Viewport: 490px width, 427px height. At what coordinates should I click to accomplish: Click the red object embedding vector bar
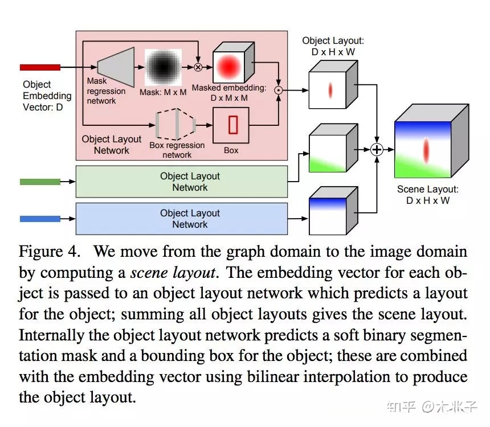40,67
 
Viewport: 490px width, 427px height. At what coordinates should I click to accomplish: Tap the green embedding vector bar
40,182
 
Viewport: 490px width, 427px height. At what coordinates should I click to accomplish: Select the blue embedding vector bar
40,219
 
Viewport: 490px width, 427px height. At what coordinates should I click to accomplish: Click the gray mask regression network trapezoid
116,67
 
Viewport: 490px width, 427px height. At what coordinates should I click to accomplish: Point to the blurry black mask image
163,67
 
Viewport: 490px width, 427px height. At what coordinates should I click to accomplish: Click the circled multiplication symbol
198,67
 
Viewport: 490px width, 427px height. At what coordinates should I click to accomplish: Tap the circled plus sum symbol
377,150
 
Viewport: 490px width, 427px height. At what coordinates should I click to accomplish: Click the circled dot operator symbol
278,91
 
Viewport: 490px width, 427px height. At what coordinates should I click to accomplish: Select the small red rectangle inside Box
233,125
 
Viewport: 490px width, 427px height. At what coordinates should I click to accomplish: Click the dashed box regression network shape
176,124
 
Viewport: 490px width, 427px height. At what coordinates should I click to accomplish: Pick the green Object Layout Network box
182,182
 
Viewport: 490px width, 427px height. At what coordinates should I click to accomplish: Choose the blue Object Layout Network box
182,219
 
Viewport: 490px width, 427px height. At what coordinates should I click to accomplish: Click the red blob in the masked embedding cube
228,67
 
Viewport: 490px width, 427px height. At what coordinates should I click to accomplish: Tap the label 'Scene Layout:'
427,189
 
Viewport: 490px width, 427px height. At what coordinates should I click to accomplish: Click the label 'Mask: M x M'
163,92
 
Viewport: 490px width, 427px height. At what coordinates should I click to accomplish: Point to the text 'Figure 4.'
50,252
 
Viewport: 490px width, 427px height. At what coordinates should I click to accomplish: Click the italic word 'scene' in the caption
149,273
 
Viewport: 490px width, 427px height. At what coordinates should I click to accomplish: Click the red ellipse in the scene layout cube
426,150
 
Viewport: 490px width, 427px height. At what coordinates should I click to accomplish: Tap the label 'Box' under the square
231,150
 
